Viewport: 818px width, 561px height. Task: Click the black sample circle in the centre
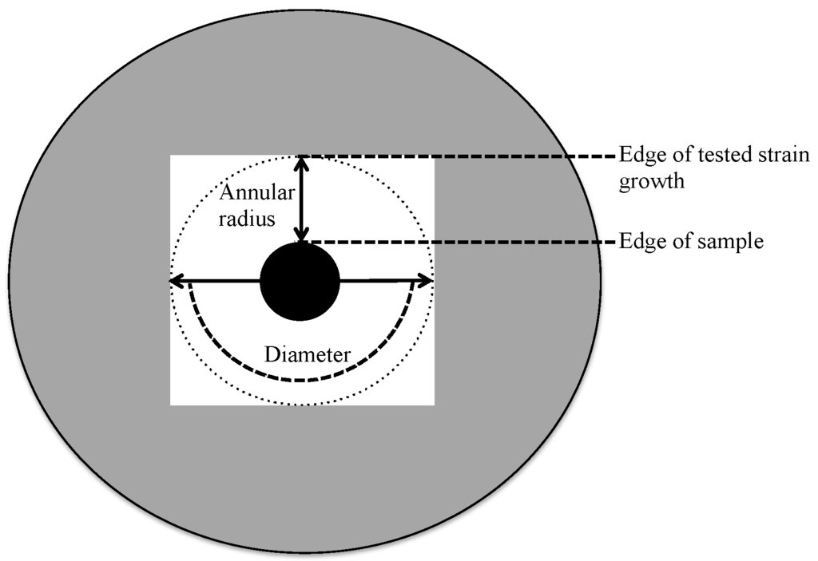pyautogui.click(x=300, y=282)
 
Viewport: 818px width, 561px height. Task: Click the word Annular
pyautogui.click(x=252, y=192)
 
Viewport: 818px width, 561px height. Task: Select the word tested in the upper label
pyautogui.click(x=705, y=155)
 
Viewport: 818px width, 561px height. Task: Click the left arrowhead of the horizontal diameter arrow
pyautogui.click(x=176, y=281)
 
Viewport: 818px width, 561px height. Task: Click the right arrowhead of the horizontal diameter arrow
pyautogui.click(x=427, y=281)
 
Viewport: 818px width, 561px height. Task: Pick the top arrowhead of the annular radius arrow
pyautogui.click(x=300, y=161)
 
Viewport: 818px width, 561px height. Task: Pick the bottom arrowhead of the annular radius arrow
pyautogui.click(x=300, y=235)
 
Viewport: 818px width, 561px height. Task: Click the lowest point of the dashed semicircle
pyautogui.click(x=300, y=381)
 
